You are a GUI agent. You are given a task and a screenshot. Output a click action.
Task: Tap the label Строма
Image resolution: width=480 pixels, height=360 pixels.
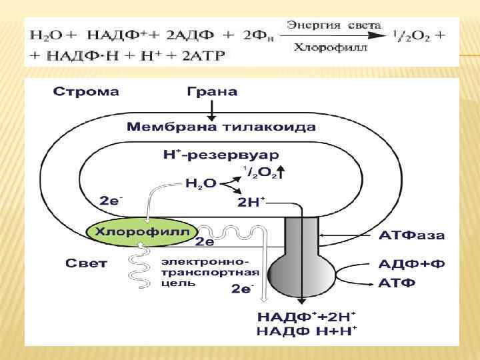click(x=85, y=92)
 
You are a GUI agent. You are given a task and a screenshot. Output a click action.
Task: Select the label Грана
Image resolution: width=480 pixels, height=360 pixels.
click(x=212, y=92)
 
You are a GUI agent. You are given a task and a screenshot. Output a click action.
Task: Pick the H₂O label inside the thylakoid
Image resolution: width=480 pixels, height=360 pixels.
click(x=200, y=183)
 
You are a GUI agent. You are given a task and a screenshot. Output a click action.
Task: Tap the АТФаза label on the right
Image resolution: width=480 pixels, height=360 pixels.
click(x=411, y=236)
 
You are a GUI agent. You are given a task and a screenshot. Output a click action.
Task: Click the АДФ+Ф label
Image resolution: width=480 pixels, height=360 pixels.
click(x=411, y=264)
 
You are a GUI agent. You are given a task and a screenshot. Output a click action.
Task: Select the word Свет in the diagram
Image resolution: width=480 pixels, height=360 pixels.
click(x=86, y=264)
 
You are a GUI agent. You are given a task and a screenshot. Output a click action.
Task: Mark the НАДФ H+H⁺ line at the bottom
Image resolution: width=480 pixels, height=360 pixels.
click(x=306, y=331)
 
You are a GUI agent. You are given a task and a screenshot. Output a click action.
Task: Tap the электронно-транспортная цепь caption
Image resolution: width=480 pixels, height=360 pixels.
click(x=209, y=272)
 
